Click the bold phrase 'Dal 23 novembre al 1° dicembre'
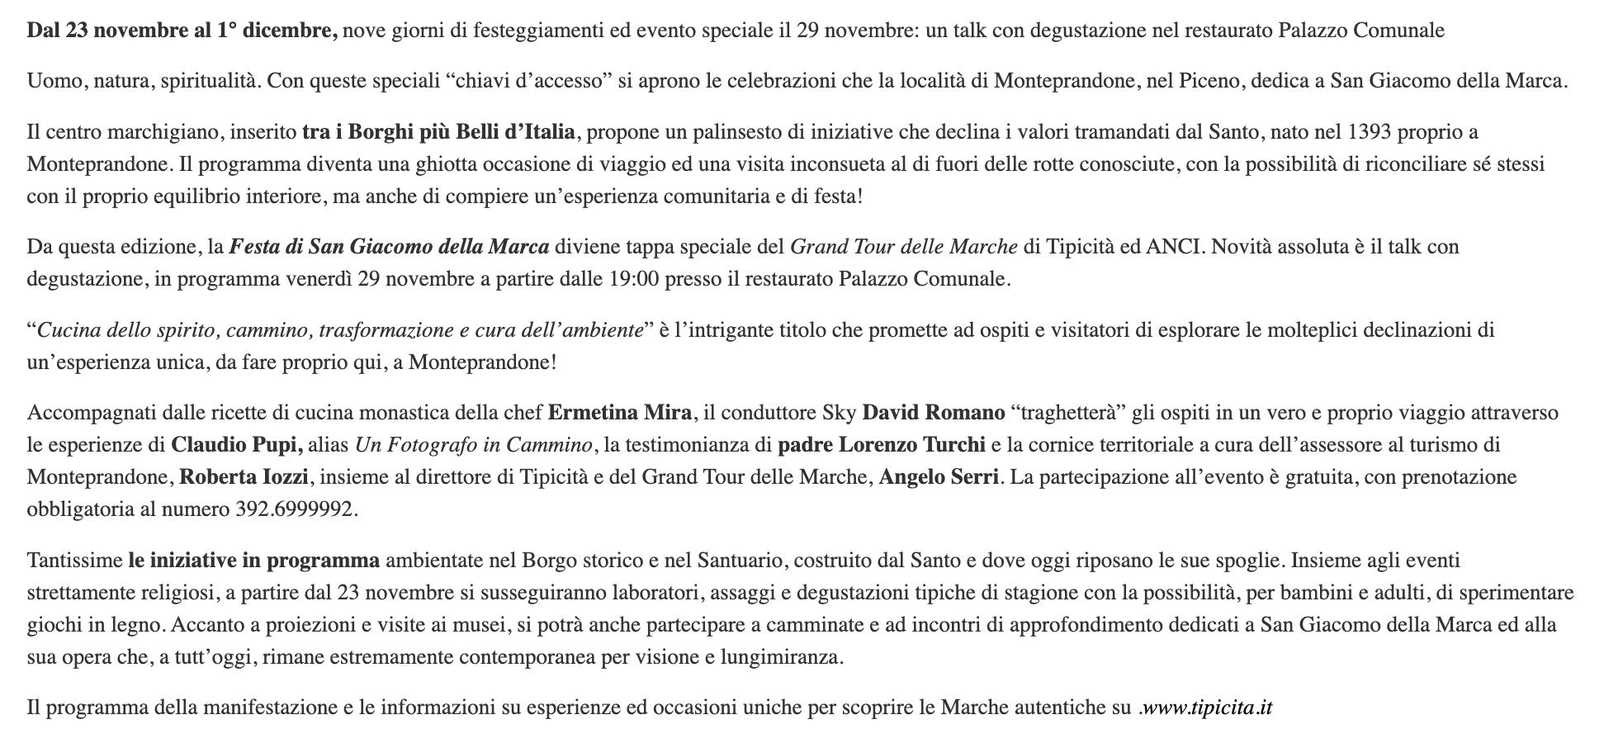click(x=182, y=31)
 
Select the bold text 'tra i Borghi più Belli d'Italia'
click(x=438, y=132)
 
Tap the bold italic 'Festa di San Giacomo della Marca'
click(x=389, y=247)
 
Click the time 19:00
click(x=634, y=279)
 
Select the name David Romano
click(x=933, y=413)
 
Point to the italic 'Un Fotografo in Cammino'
click(x=473, y=445)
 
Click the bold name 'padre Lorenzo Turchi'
click(x=881, y=445)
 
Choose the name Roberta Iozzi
click(x=244, y=477)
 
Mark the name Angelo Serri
click(x=939, y=477)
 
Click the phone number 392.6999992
click(x=294, y=509)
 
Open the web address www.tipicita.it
click(x=1207, y=708)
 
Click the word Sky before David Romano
click(x=839, y=413)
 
